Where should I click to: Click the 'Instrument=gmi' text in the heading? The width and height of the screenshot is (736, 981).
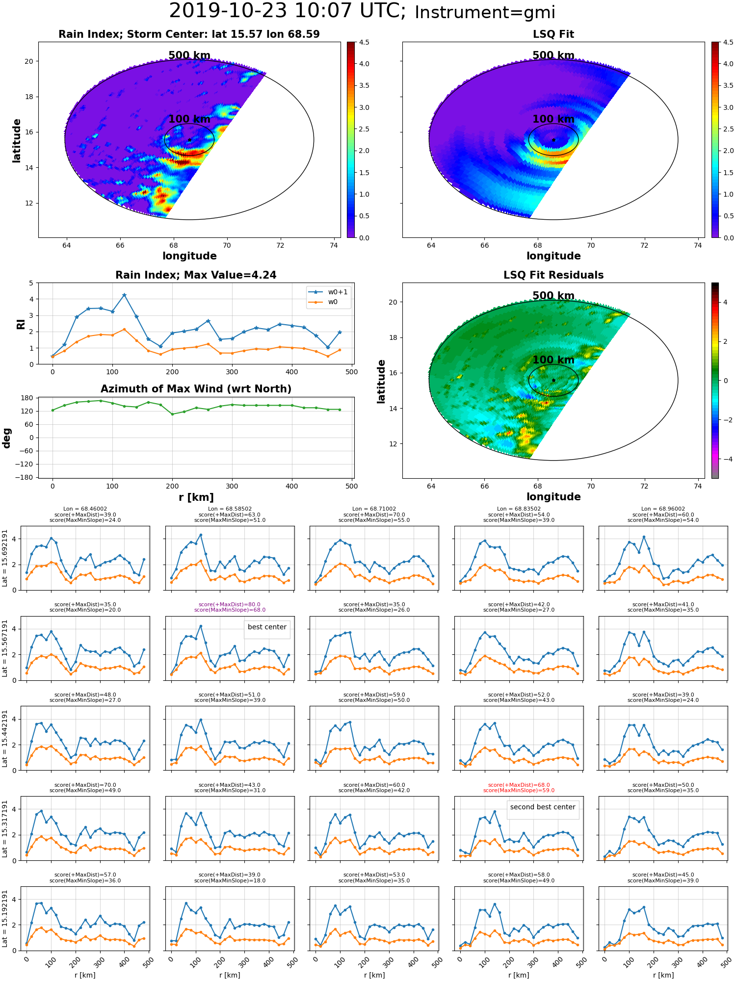(485, 13)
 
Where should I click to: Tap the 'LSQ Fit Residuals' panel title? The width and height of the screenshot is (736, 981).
(553, 275)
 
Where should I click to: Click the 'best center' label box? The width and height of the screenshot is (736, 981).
(267, 627)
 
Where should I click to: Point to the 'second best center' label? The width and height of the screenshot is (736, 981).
(543, 807)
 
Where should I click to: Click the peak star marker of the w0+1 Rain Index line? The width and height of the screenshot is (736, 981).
(124, 295)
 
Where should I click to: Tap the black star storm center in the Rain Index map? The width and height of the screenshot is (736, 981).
(189, 140)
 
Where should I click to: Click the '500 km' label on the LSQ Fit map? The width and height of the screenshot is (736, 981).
(553, 55)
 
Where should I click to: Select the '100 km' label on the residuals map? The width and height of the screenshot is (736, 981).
(553, 360)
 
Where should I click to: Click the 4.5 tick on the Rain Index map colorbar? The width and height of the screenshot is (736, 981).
(364, 42)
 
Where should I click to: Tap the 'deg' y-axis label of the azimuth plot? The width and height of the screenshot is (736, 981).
(7, 438)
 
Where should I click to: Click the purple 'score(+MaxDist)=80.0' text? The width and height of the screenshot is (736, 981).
(230, 605)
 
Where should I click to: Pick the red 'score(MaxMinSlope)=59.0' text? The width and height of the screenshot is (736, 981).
(519, 791)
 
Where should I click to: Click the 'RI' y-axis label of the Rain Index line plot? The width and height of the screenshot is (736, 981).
(21, 324)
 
